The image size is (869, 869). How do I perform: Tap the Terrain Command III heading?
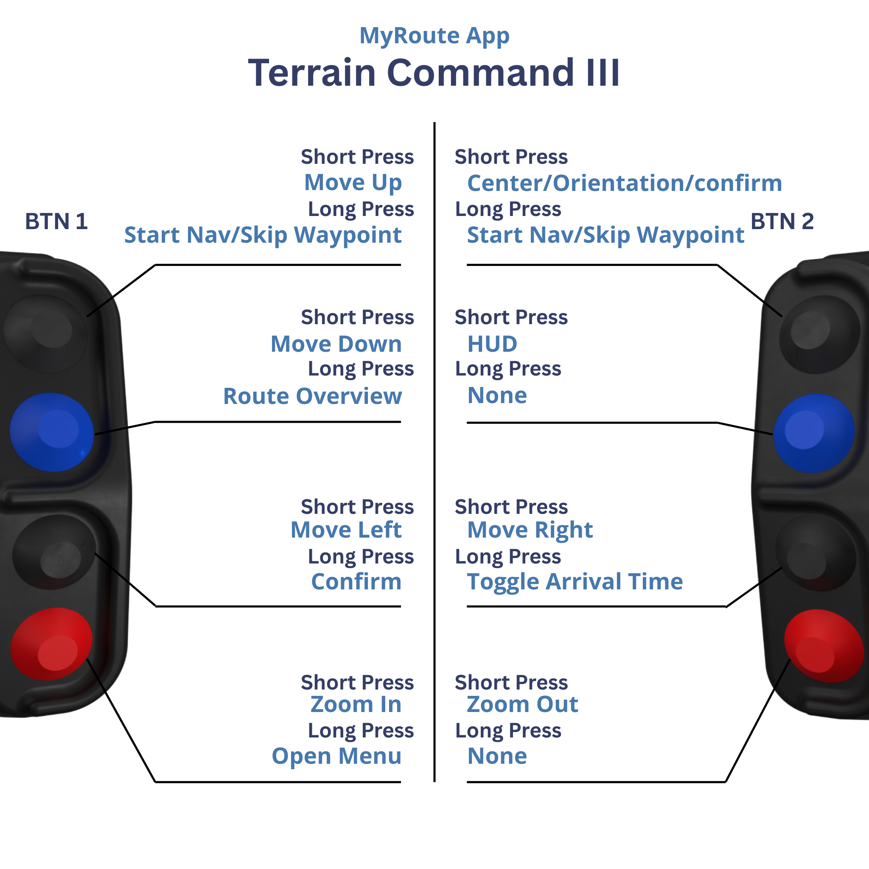coord(434,73)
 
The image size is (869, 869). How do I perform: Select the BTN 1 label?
coord(56,221)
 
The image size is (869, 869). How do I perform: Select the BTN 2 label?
coord(782,221)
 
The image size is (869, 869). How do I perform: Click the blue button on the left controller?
coord(52,432)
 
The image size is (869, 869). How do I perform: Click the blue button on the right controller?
coord(814,433)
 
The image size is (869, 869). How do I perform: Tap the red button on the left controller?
coord(51,644)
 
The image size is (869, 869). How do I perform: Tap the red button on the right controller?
coord(824,646)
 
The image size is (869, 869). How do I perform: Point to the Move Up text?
coord(353,183)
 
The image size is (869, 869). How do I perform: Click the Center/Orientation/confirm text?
coord(625,183)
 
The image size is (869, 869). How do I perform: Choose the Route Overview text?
coord(313,396)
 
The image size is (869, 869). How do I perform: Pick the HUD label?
coord(493,344)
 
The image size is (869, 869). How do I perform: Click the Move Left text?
coord(346,530)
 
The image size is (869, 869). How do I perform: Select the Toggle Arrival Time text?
coord(575,582)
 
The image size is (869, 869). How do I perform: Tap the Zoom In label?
coord(356,704)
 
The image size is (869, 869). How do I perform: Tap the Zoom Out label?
coord(522,704)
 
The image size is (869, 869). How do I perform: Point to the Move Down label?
coord(336,344)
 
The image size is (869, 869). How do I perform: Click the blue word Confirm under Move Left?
coord(356,582)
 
